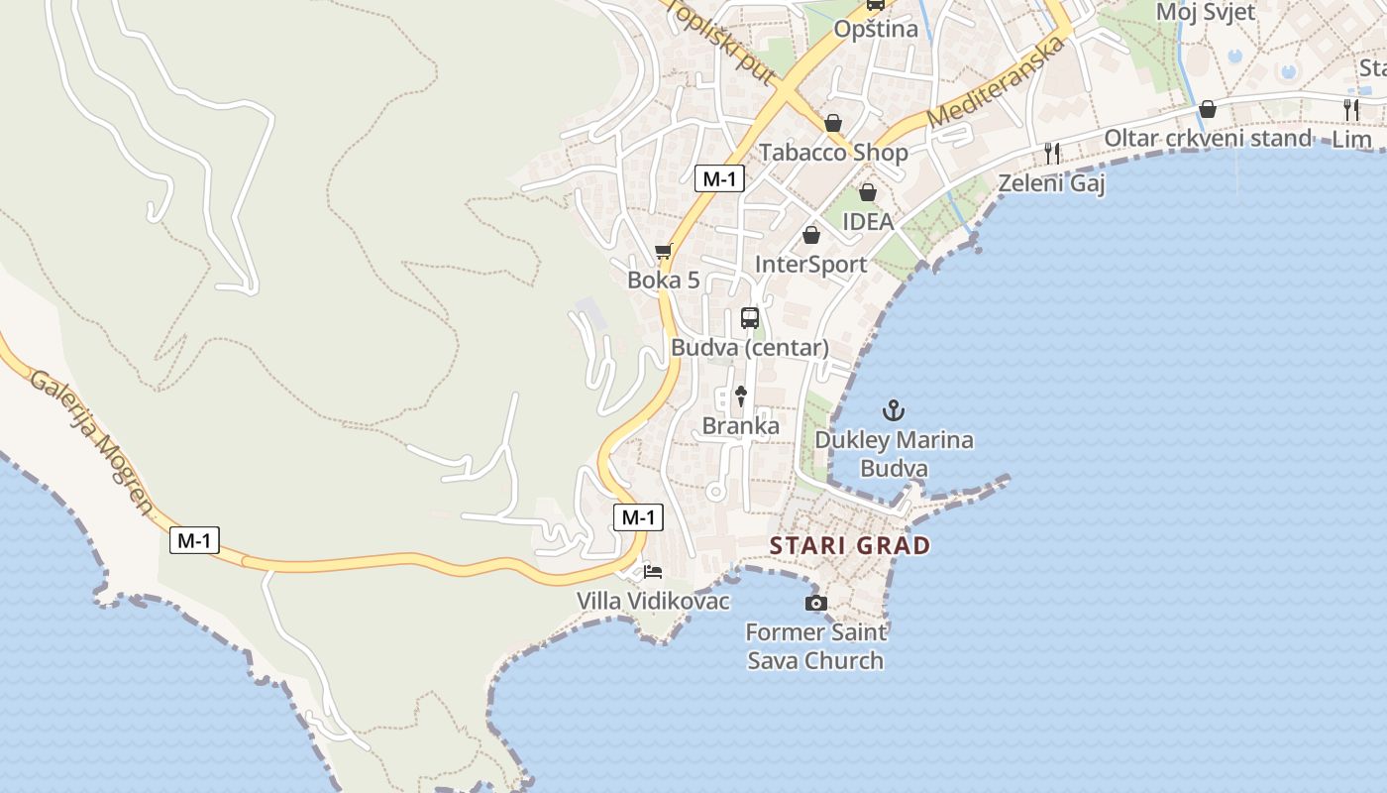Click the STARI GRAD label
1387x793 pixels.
[850, 545]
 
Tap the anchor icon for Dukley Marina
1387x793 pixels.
[894, 409]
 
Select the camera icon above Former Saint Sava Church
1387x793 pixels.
[815, 603]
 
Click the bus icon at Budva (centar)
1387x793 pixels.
[750, 318]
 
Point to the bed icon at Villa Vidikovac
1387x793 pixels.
[653, 572]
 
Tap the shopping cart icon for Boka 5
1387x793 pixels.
[664, 251]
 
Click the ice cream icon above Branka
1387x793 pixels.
[740, 396]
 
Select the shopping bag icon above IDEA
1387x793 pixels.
[868, 192]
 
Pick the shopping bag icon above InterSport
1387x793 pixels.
[811, 235]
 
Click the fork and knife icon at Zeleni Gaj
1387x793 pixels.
[1052, 153]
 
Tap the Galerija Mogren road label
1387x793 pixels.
[92, 442]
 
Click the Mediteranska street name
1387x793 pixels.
[999, 83]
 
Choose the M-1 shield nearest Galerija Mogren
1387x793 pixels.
[194, 540]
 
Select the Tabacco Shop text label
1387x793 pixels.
[833, 153]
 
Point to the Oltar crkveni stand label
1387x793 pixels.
[1207, 139]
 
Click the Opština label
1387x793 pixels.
[876, 30]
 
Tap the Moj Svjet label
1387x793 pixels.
[1206, 12]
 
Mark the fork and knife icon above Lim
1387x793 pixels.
[1351, 109]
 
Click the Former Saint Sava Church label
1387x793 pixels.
[815, 645]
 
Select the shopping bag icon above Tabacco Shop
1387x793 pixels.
[833, 123]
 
